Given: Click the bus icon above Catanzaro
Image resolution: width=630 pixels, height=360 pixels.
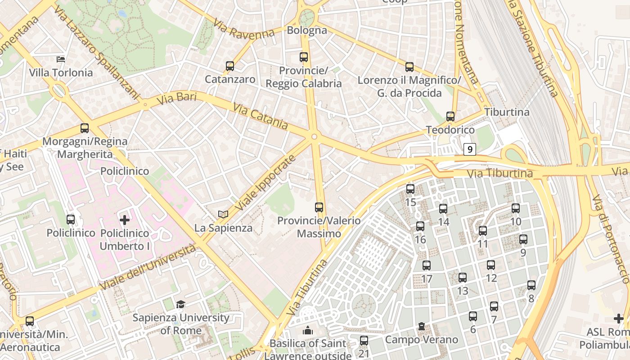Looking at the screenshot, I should tap(230, 66).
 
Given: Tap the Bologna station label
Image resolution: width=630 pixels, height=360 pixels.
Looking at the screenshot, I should tap(306, 31).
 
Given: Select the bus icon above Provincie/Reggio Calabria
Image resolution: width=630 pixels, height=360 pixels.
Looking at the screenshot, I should tap(304, 57).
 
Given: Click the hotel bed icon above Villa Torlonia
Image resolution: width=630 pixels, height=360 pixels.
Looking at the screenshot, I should tap(61, 59).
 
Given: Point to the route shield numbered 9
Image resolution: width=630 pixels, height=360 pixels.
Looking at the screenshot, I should tap(470, 149).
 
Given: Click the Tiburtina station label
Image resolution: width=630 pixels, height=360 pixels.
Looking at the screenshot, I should tap(507, 112).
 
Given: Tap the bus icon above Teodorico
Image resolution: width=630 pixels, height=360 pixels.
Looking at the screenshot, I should tap(450, 117).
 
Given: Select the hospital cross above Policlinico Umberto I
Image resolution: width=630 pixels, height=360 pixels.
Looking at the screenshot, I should tap(125, 220).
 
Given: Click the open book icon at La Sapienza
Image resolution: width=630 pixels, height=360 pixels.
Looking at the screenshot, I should tap(223, 215).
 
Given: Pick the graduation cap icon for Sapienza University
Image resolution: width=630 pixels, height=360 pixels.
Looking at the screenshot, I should tap(180, 305).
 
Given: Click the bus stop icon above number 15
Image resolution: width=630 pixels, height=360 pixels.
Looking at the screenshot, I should tap(410, 189).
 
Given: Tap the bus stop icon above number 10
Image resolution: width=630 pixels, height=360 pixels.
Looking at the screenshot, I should tap(516, 208).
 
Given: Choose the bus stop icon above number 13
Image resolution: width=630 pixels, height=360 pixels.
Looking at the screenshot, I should tap(462, 278).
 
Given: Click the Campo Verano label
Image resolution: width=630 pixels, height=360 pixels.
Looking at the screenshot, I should tap(422, 339).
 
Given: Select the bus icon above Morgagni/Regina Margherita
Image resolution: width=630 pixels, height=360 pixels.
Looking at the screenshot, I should tap(84, 128).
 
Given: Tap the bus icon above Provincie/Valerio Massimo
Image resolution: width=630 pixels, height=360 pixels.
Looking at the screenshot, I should tap(319, 207).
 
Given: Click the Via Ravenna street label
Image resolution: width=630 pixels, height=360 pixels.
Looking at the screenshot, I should tap(243, 29).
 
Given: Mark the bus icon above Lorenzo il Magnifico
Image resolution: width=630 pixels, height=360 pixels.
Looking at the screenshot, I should tap(409, 67).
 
